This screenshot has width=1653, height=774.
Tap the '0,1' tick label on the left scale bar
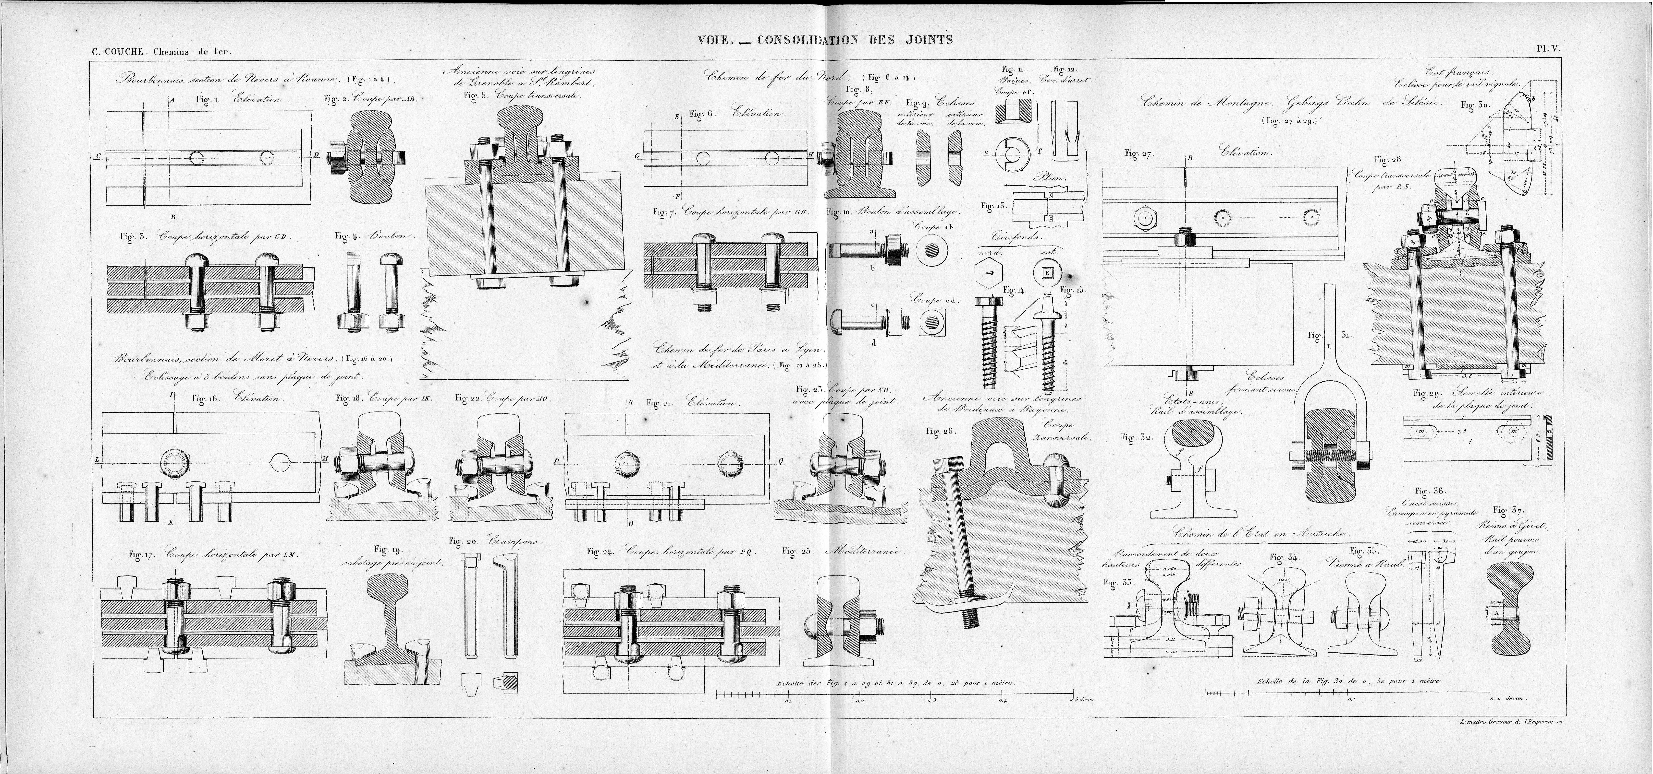(787, 702)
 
